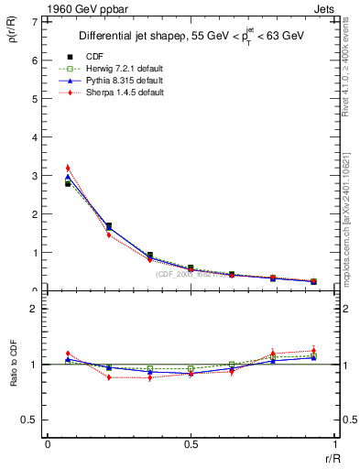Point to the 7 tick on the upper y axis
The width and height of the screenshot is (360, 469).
[34, 20]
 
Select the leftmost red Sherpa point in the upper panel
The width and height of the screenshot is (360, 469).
[68, 168]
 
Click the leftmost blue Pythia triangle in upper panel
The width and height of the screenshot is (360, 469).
[68, 177]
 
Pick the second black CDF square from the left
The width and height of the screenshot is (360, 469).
[109, 225]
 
